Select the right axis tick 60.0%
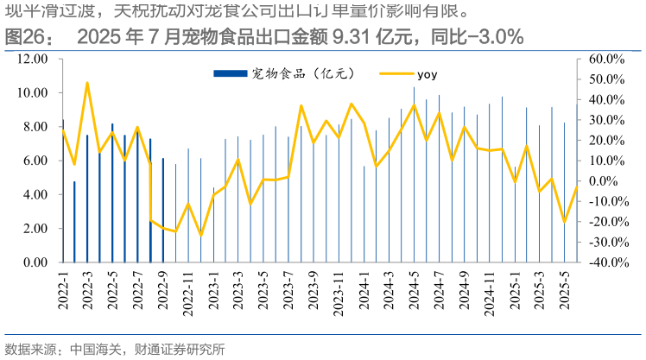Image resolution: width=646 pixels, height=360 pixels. coord(605,59)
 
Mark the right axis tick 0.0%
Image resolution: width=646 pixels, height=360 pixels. coord(608,181)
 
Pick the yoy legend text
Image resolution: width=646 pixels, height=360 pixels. coord(427,74)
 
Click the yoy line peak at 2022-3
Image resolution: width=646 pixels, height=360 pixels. coord(87,84)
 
